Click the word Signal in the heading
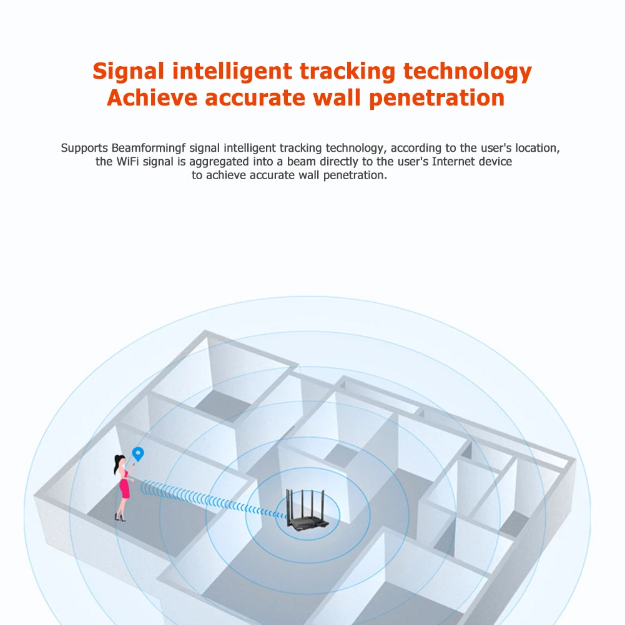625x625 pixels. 128,72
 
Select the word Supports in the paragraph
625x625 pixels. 84,149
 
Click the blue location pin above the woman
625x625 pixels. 137,453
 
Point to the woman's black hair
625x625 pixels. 118,465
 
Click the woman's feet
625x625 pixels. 119,516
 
